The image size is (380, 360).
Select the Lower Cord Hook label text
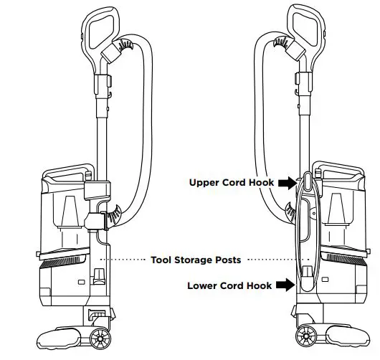pos(229,285)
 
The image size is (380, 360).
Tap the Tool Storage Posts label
pos(195,259)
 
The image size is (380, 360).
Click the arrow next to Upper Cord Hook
pos(285,182)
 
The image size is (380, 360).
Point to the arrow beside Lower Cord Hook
pos(285,285)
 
